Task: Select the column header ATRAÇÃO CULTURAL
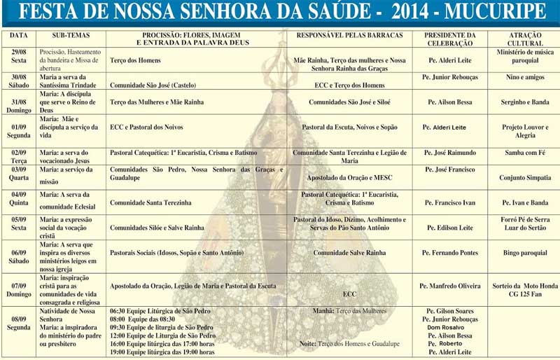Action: pyautogui.click(x=524, y=39)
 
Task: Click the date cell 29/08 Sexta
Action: pyautogui.click(x=19, y=56)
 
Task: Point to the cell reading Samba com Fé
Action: pyautogui.click(x=524, y=153)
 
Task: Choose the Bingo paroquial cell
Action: pyautogui.click(x=524, y=252)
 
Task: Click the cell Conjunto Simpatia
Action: pyautogui.click(x=524, y=177)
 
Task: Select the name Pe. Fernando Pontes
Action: pyautogui.click(x=451, y=252)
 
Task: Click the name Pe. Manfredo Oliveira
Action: pyautogui.click(x=451, y=286)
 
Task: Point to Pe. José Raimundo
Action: pyautogui.click(x=451, y=153)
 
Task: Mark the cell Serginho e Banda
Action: pyautogui.click(x=524, y=102)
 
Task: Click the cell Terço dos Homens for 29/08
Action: pyautogui.click(x=135, y=61)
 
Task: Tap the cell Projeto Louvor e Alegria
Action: pyautogui.click(x=524, y=132)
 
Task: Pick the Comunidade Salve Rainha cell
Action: pyautogui.click(x=349, y=252)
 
